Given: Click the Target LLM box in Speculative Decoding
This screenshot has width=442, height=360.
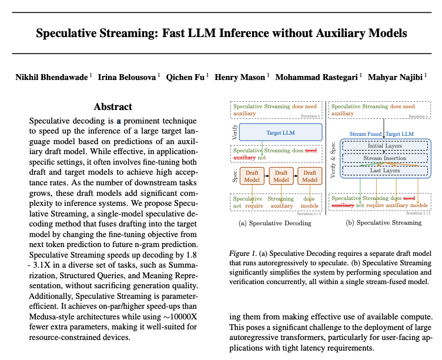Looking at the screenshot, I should [x=282, y=133].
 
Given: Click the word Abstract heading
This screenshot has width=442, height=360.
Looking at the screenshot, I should [x=113, y=106].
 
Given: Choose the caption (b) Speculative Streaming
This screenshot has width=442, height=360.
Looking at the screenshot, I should [x=383, y=224].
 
